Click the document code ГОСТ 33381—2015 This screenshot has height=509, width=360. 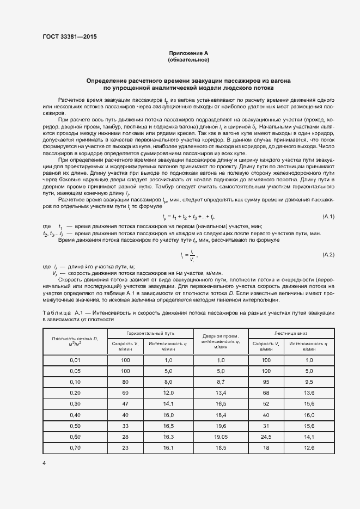click(x=69, y=38)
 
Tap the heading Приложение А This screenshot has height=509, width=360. click(x=188, y=53)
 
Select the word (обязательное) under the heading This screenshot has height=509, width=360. click(x=188, y=60)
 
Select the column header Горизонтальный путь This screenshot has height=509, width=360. click(x=150, y=332)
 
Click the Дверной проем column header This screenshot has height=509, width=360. click(x=220, y=342)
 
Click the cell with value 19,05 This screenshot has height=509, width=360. click(x=220, y=437)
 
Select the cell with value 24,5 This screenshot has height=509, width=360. click(x=266, y=437)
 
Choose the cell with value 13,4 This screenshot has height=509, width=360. click(x=220, y=393)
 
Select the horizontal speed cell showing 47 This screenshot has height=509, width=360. click(x=126, y=404)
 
